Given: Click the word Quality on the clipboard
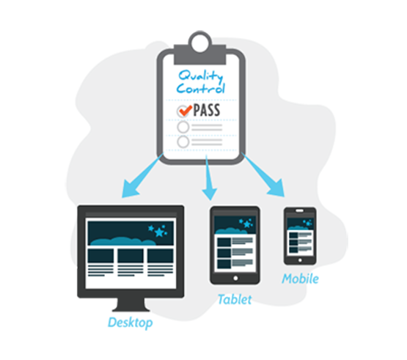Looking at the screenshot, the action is click(x=201, y=76).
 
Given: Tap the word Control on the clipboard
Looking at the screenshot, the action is click(x=200, y=88).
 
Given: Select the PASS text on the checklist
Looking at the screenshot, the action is click(x=207, y=110).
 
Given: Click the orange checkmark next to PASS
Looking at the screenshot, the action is click(x=186, y=111).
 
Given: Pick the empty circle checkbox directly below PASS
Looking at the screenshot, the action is click(x=183, y=127).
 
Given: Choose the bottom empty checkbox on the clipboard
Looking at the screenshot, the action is click(x=183, y=142).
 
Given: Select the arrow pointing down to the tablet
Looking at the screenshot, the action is click(x=209, y=177).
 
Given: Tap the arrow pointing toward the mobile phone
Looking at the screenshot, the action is click(x=264, y=175).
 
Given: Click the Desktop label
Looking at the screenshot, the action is click(x=130, y=323).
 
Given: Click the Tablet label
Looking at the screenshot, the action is click(x=235, y=299).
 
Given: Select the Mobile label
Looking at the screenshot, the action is click(x=301, y=279).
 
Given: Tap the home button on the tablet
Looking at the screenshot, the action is click(x=235, y=278).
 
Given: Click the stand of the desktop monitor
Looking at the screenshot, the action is click(x=131, y=304).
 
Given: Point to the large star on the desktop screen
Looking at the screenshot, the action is click(x=159, y=232).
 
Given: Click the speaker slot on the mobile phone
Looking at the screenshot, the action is click(x=299, y=210).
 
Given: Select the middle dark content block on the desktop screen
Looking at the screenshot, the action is click(x=131, y=256).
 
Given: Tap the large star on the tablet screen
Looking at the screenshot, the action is click(x=247, y=224).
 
